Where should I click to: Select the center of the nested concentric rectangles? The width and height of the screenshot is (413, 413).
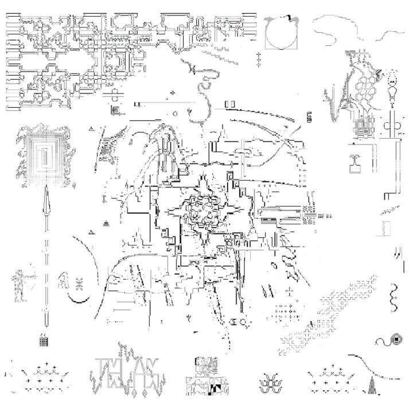pyautogui.click(x=44, y=154)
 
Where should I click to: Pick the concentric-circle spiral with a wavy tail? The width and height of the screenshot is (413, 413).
pyautogui.click(x=390, y=341)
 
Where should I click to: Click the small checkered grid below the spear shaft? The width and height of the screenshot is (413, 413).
pyautogui.click(x=44, y=340)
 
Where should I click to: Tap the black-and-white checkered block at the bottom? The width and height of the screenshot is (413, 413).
pyautogui.click(x=213, y=390)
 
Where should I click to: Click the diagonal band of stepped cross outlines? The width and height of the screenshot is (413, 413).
pyautogui.click(x=327, y=310)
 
